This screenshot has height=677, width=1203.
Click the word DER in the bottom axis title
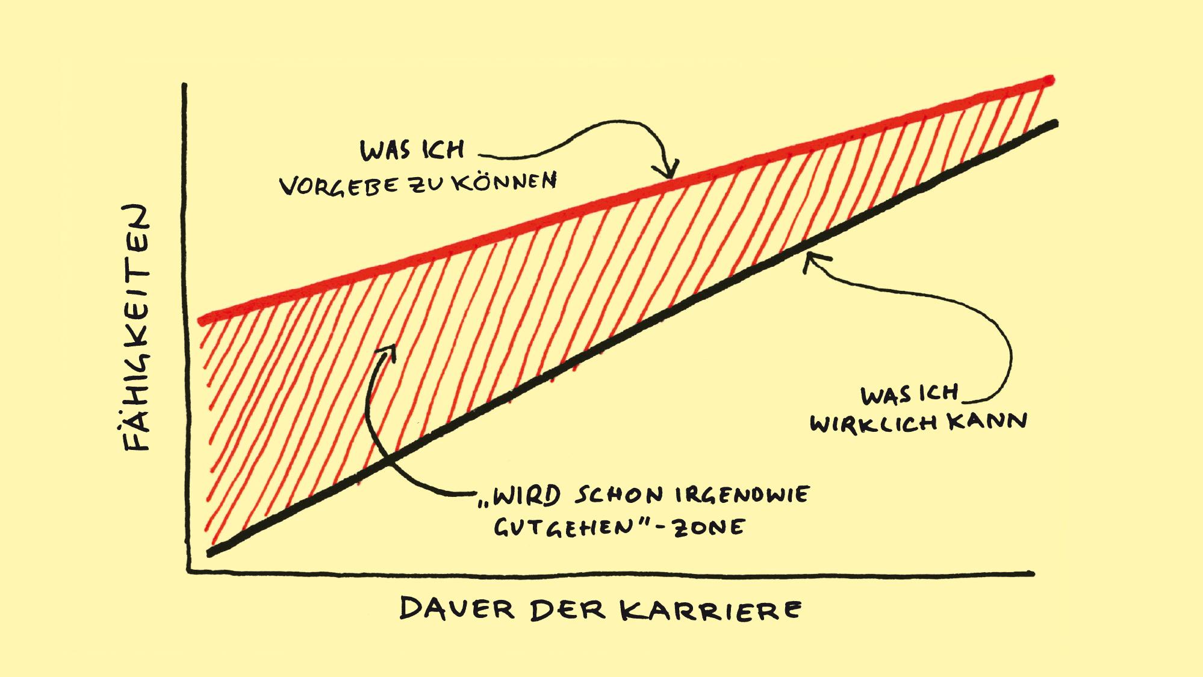click(x=567, y=610)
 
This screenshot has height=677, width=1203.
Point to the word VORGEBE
click(x=339, y=186)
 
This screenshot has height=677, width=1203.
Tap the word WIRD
click(x=529, y=495)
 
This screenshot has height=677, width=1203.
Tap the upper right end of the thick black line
click(x=1054, y=123)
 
